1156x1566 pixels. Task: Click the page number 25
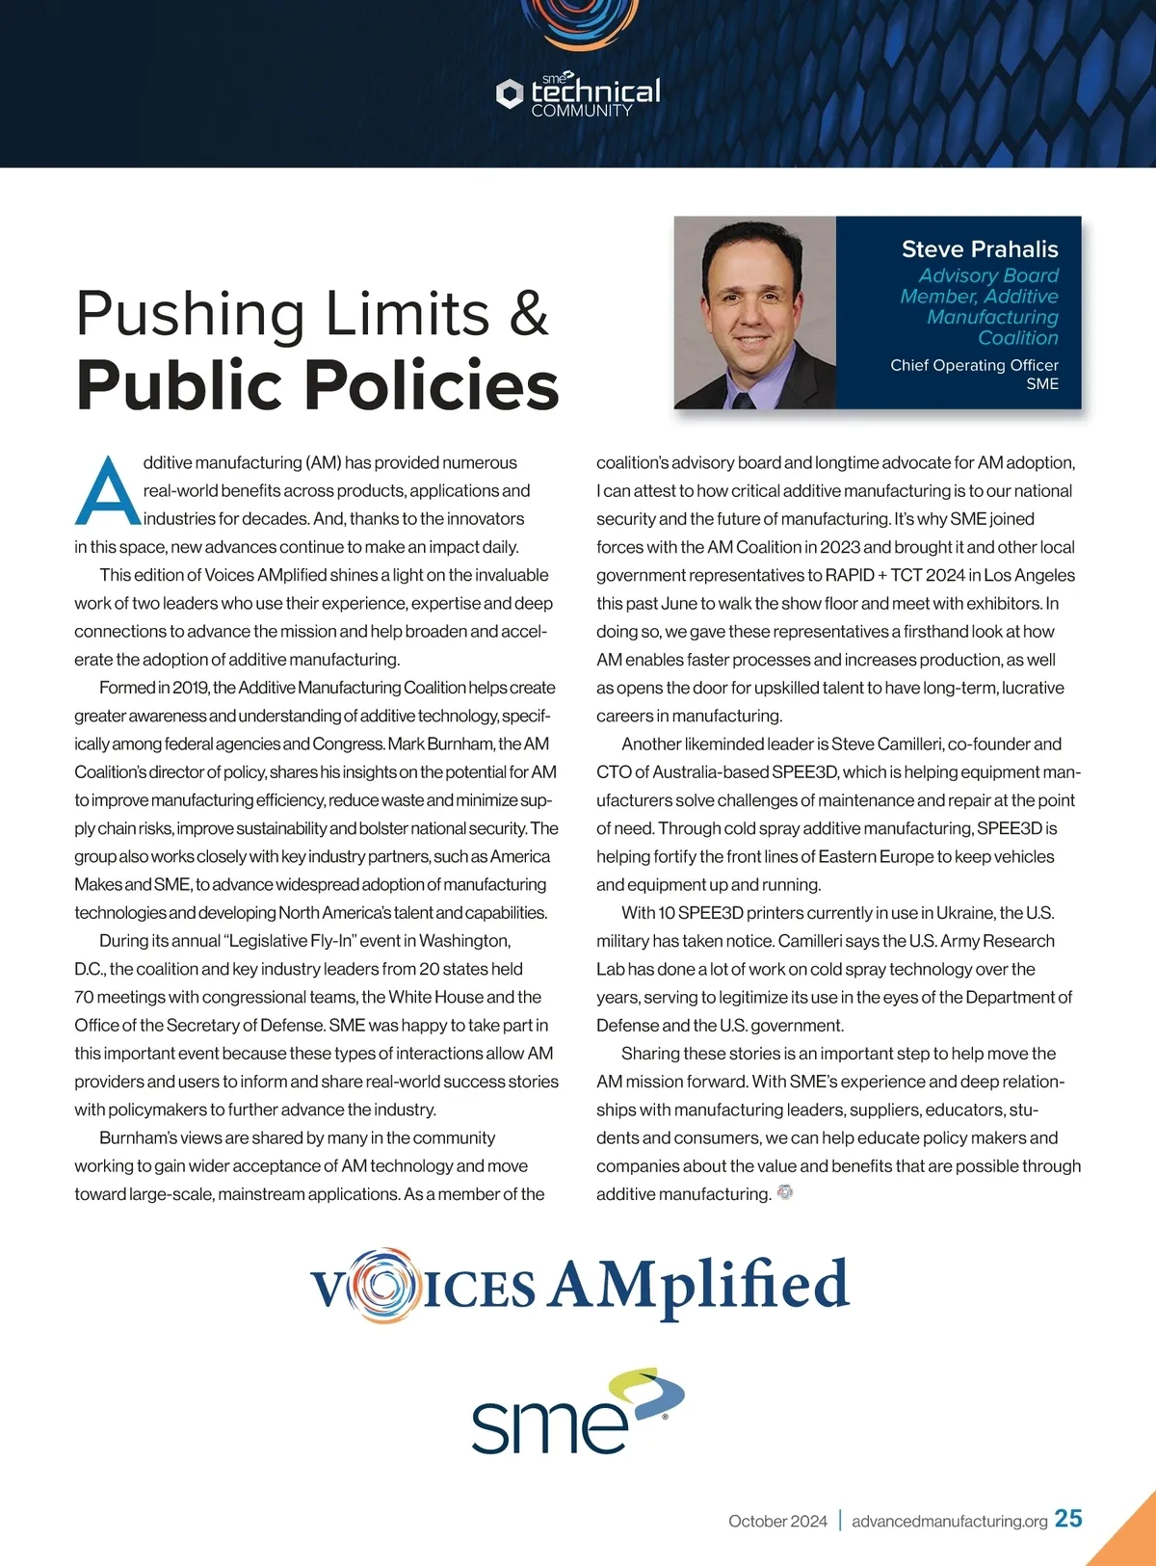(x=1068, y=1519)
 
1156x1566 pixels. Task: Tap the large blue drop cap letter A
(x=107, y=492)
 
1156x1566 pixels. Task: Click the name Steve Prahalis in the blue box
(x=979, y=249)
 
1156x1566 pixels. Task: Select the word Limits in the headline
(x=407, y=314)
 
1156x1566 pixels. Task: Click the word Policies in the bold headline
(x=432, y=385)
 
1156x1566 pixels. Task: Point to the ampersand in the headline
(x=529, y=314)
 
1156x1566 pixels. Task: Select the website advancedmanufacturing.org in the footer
(x=949, y=1522)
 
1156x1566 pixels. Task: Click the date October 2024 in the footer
(x=777, y=1522)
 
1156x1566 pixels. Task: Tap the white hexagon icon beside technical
(x=509, y=93)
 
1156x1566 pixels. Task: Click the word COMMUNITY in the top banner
(x=582, y=111)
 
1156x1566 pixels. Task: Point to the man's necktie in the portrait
(x=742, y=399)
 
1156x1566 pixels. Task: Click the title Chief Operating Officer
(x=974, y=365)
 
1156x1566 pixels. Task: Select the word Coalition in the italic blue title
(x=1017, y=338)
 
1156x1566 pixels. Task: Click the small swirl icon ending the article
(x=785, y=1192)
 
